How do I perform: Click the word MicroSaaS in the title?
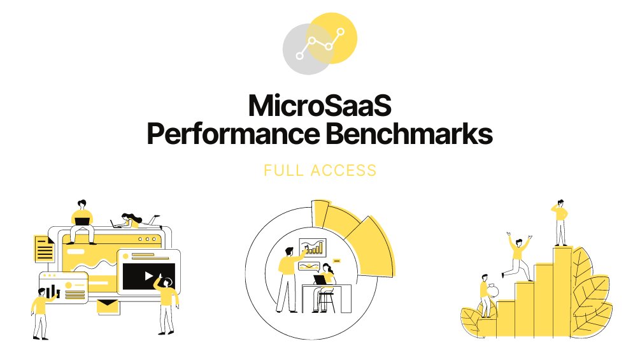(x=320, y=106)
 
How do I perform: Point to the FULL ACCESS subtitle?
(x=320, y=170)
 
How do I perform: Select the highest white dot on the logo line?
(x=341, y=31)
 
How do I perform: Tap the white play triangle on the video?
(x=148, y=277)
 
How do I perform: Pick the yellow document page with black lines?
(x=44, y=248)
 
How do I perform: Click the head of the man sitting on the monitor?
(x=82, y=204)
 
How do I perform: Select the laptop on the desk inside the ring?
(x=320, y=280)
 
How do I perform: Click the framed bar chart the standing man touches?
(x=313, y=247)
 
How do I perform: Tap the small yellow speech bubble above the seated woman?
(x=337, y=261)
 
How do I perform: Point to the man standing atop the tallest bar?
(x=560, y=223)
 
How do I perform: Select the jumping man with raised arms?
(x=518, y=256)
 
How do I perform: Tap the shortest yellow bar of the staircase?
(x=505, y=319)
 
